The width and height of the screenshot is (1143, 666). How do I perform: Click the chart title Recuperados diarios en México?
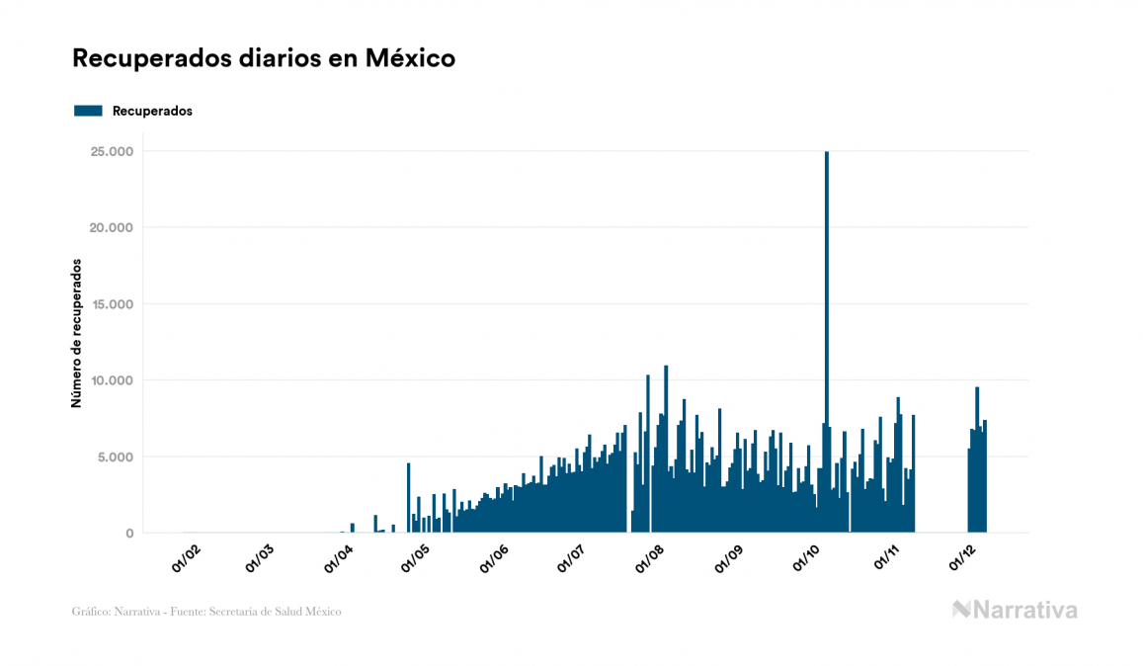pos(264,58)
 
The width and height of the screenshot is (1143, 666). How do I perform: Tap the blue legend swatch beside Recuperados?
pos(88,111)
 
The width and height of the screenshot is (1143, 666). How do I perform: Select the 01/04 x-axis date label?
pos(339,560)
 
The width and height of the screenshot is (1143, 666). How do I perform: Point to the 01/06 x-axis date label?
pos(494,560)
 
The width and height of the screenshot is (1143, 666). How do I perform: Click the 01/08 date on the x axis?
pos(649,560)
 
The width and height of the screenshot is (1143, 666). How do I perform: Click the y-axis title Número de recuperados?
pos(76,334)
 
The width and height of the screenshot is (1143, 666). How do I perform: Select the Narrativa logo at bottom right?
pos(1015,610)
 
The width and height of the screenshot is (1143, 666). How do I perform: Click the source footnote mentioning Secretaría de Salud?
pos(206,612)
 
